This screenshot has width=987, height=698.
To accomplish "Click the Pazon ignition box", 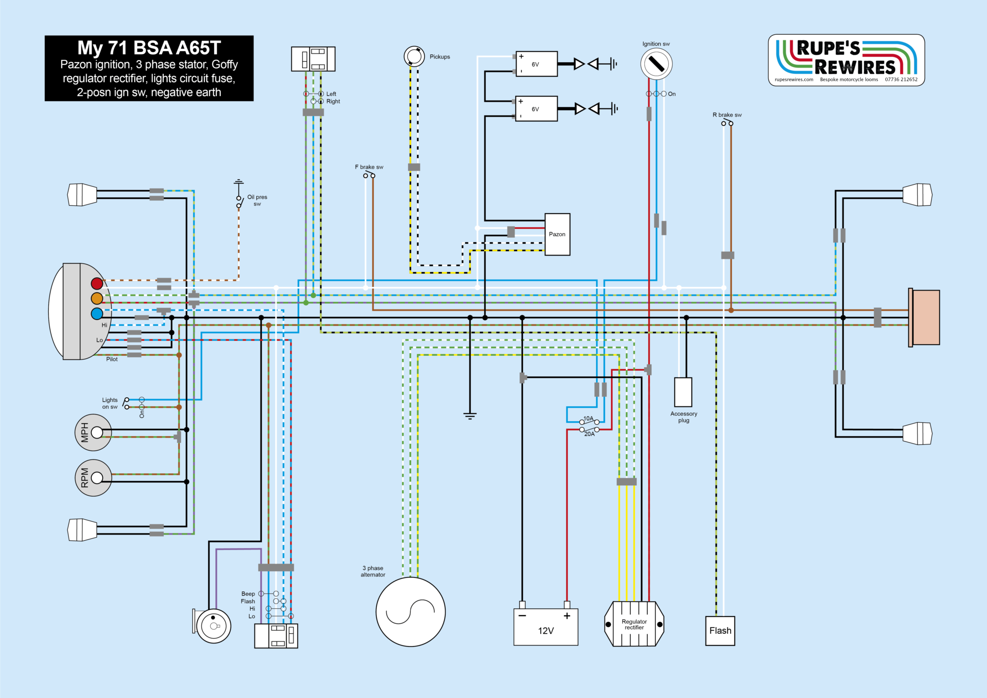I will pyautogui.click(x=557, y=234).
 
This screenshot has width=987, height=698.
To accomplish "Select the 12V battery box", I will pyautogui.click(x=546, y=627).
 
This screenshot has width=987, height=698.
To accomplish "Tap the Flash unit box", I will pyautogui.click(x=720, y=631).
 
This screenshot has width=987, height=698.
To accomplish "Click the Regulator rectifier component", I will pyautogui.click(x=634, y=624).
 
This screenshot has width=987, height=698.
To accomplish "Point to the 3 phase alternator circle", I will pyautogui.click(x=411, y=612).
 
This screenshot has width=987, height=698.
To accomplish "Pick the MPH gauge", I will pyautogui.click(x=93, y=432).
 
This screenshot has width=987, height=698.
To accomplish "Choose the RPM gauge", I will pyautogui.click(x=93, y=478).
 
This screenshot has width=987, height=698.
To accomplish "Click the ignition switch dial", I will pyautogui.click(x=656, y=64).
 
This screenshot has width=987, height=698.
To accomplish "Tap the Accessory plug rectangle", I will pyautogui.click(x=683, y=392).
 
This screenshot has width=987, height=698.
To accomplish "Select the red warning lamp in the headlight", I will pyautogui.click(x=97, y=283).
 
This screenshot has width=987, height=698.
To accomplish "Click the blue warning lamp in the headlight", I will pyautogui.click(x=97, y=314).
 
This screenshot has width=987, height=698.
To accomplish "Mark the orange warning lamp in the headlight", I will pyautogui.click(x=97, y=298).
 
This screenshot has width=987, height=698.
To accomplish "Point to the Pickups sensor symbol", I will pyautogui.click(x=414, y=56).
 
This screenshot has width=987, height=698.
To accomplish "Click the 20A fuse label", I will pyautogui.click(x=589, y=434).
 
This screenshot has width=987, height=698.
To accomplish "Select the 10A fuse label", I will pyautogui.click(x=588, y=418).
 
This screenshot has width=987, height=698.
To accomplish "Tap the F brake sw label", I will pyautogui.click(x=369, y=167).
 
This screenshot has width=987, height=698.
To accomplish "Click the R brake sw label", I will pyautogui.click(x=727, y=115).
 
